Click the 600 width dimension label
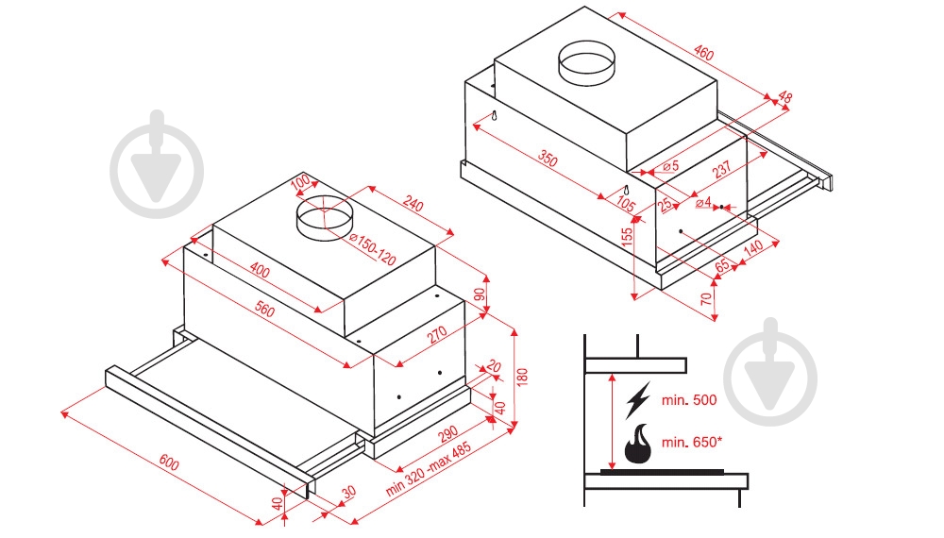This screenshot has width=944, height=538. pyautogui.click(x=169, y=462)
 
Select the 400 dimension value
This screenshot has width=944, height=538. pyautogui.click(x=260, y=273)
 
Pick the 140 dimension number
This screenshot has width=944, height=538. pyautogui.click(x=751, y=249)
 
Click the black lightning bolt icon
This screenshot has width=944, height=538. pyautogui.click(x=638, y=400)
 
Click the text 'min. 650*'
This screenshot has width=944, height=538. pyautogui.click(x=692, y=443)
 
